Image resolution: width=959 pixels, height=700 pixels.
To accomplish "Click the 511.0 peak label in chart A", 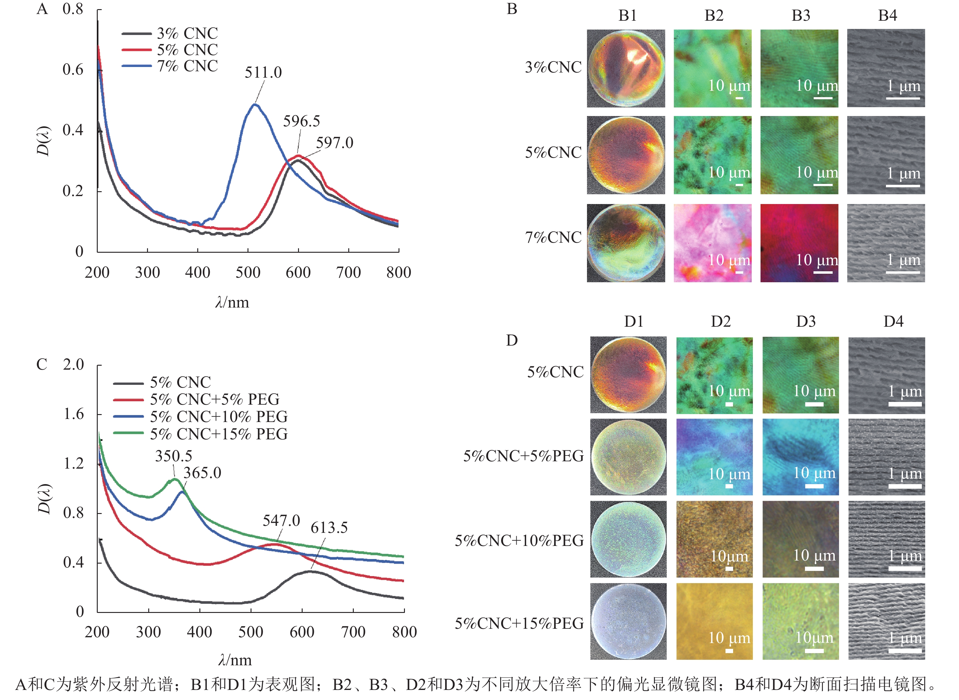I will click(263, 72).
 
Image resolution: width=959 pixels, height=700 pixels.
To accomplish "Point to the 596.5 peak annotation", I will click(302, 121).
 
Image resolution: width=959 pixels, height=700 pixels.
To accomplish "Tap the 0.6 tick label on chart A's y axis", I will click(73, 69).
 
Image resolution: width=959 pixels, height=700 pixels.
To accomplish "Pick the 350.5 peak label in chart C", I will click(174, 456).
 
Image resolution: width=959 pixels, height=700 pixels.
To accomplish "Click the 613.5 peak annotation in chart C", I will click(329, 528).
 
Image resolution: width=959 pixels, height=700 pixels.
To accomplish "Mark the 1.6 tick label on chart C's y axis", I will click(74, 414).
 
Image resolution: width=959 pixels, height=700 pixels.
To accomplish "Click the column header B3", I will click(801, 16).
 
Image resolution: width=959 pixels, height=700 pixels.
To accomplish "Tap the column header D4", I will click(893, 322).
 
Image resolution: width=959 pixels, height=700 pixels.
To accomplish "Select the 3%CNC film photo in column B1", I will click(626, 68).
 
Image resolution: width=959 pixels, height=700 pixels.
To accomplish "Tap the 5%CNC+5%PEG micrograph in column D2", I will click(715, 457).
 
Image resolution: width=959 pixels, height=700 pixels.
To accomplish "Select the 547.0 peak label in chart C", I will click(281, 520).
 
